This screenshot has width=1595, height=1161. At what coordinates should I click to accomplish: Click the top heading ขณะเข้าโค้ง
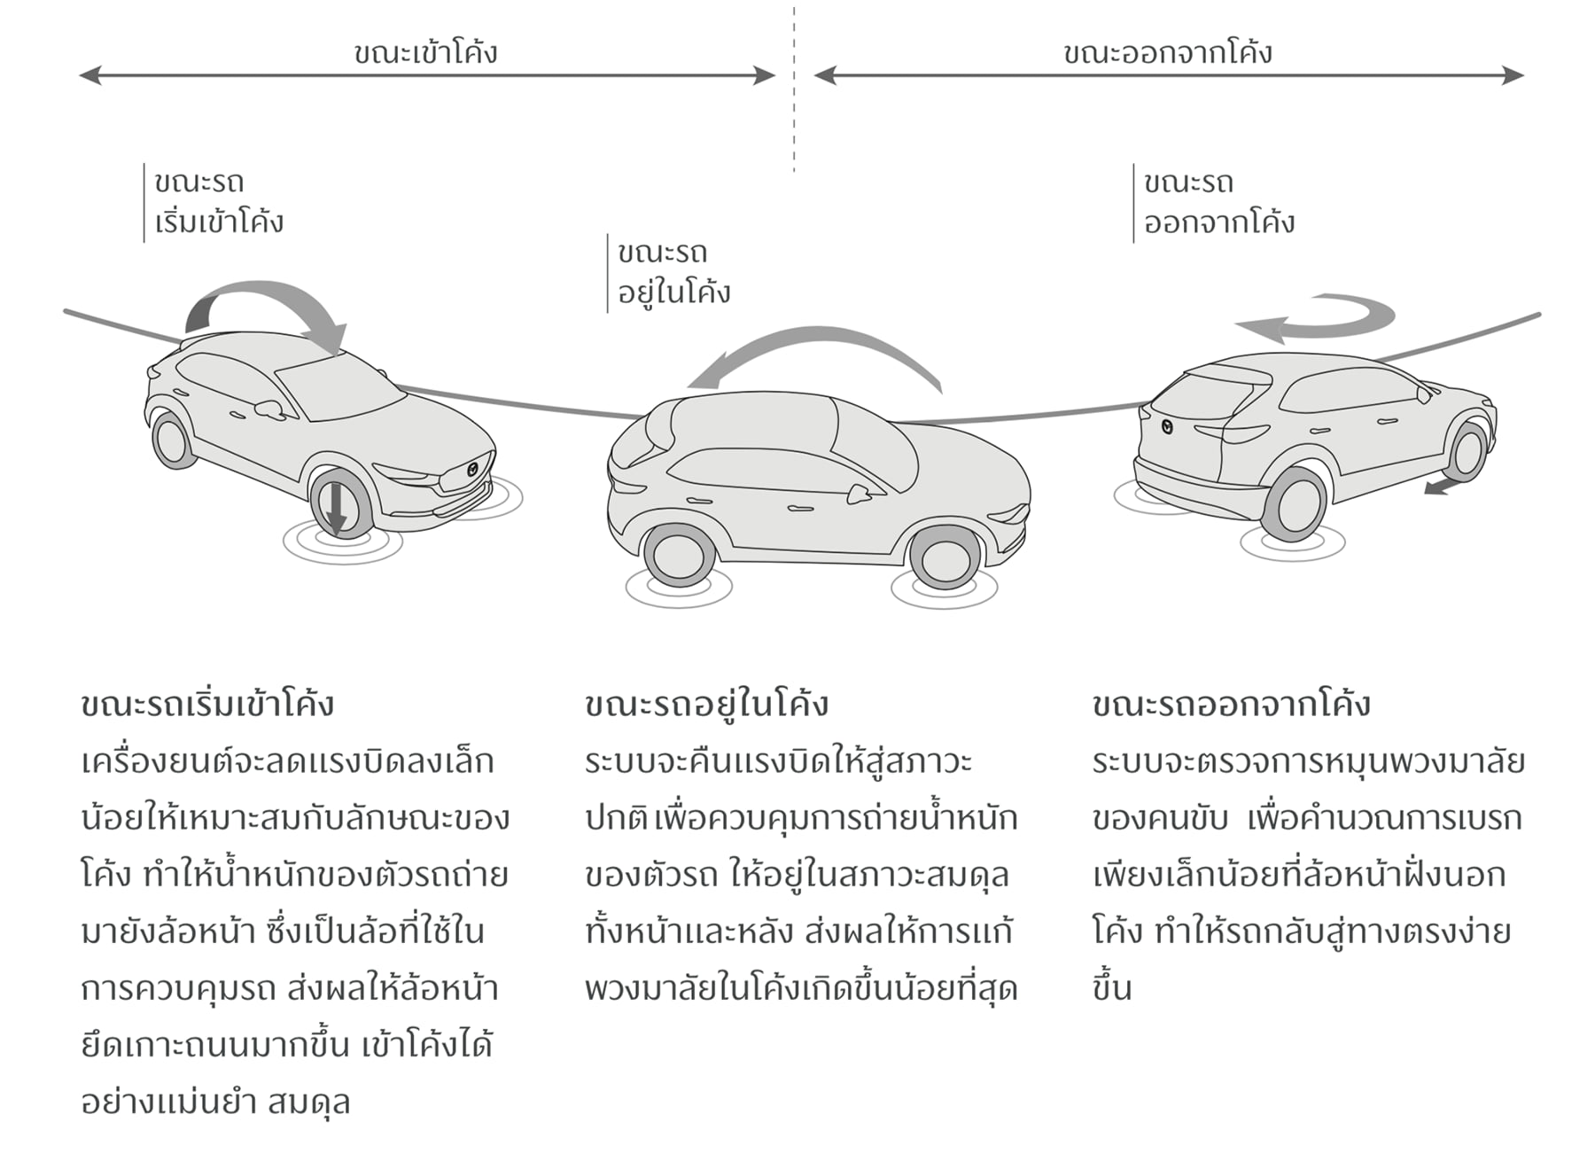pyautogui.click(x=425, y=53)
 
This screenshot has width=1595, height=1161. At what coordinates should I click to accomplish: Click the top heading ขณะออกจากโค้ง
pyautogui.click(x=1168, y=53)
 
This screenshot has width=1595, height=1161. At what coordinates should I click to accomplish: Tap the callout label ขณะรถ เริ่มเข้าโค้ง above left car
pyautogui.click(x=218, y=202)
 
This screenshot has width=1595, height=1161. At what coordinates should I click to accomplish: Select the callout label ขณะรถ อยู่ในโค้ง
pyautogui.click(x=673, y=273)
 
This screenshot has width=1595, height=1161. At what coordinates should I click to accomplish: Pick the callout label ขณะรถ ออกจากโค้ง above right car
pyautogui.click(x=1218, y=202)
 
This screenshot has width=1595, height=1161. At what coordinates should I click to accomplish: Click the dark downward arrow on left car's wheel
pyautogui.click(x=336, y=509)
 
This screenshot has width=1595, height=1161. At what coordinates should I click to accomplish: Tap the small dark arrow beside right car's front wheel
pyautogui.click(x=1441, y=487)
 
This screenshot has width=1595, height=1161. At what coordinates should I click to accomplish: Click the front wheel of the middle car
pyautogui.click(x=945, y=559)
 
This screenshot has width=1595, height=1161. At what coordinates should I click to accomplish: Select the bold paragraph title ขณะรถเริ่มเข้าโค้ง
pyautogui.click(x=207, y=705)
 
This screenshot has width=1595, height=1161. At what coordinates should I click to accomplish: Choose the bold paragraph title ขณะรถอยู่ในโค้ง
pyautogui.click(x=706, y=705)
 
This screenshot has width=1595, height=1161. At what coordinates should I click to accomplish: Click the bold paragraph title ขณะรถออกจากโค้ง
pyautogui.click(x=1231, y=705)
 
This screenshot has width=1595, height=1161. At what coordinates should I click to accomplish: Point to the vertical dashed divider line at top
pyautogui.click(x=794, y=89)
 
